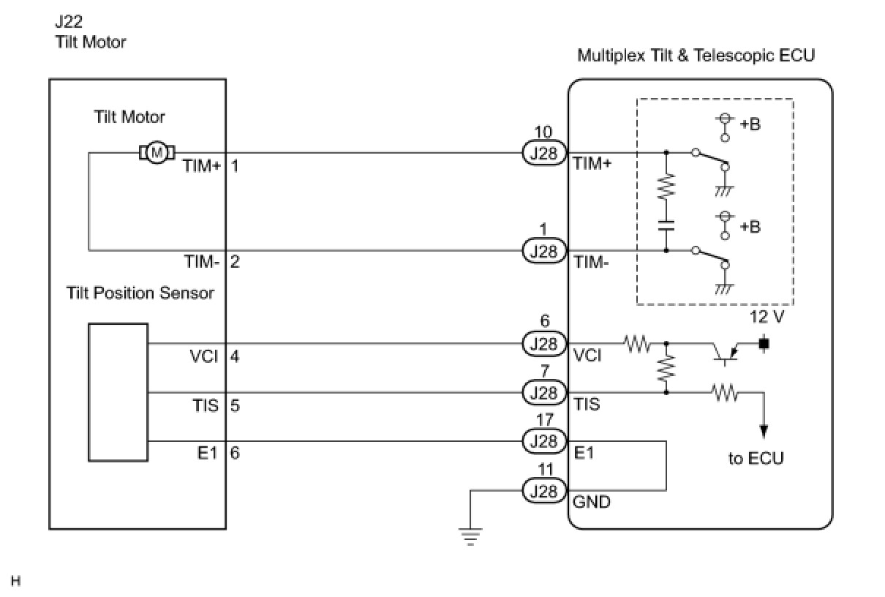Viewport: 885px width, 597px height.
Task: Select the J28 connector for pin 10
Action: tap(543, 153)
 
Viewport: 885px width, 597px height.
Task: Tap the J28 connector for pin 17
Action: tap(543, 441)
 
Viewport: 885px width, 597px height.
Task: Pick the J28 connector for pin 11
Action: tap(543, 491)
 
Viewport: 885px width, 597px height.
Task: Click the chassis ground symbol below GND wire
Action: tap(471, 537)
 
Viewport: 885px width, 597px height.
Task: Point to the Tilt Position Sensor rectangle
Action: tap(118, 392)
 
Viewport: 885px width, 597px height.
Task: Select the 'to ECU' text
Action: tap(756, 459)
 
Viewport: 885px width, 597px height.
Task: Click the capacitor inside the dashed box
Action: tap(666, 223)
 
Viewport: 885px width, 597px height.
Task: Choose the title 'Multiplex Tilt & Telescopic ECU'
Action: tap(696, 56)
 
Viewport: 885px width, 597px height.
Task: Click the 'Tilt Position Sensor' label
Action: tap(140, 293)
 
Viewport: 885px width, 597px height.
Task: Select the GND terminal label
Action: tap(592, 503)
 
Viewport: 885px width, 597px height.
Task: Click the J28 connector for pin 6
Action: tap(543, 343)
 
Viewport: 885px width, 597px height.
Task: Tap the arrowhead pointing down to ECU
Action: tap(764, 431)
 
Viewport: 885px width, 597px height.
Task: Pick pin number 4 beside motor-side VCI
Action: tap(235, 356)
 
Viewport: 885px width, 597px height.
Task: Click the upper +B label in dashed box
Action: tap(750, 124)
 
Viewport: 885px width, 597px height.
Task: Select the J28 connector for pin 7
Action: tap(543, 392)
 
